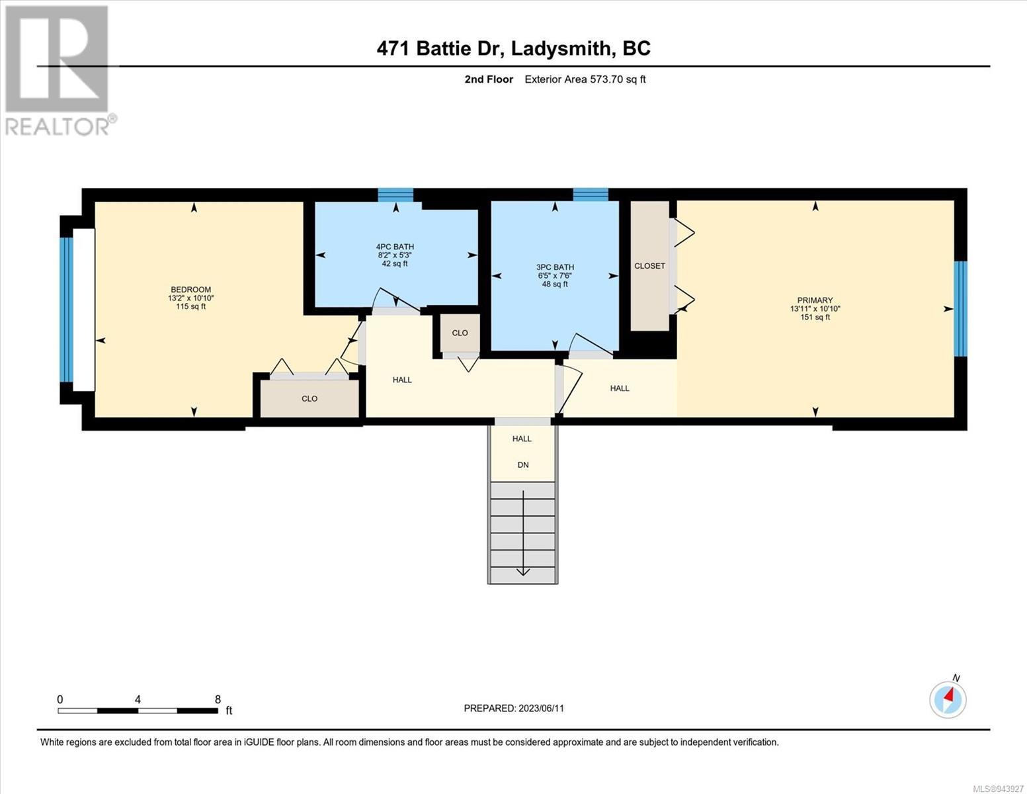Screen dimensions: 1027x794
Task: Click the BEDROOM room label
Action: pyautogui.click(x=191, y=289)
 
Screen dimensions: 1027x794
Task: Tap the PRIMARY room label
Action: pyautogui.click(x=815, y=300)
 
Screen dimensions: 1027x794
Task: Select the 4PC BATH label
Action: pyautogui.click(x=395, y=246)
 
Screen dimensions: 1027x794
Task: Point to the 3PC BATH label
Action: pyautogui.click(x=555, y=267)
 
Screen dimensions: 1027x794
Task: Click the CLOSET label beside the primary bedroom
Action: pyautogui.click(x=650, y=266)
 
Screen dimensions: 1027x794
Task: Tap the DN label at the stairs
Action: pyautogui.click(x=522, y=465)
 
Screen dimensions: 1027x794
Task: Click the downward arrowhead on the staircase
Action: pyautogui.click(x=522, y=572)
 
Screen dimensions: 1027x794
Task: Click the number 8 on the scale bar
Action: pyautogui.click(x=218, y=699)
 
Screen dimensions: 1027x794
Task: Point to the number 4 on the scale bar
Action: pyautogui.click(x=138, y=699)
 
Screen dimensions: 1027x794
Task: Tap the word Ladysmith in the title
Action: pyautogui.click(x=560, y=49)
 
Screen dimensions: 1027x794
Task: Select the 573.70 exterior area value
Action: pyautogui.click(x=606, y=79)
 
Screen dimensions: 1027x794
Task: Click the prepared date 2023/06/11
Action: pyautogui.click(x=541, y=709)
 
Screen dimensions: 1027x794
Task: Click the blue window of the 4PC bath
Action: pyautogui.click(x=395, y=195)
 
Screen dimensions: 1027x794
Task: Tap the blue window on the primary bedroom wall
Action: pyautogui.click(x=960, y=309)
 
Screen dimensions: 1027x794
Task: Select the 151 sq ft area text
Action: pyautogui.click(x=815, y=318)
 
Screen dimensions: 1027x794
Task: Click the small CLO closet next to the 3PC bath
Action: pyautogui.click(x=460, y=333)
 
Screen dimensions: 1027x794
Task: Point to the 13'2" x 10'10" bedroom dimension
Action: pyautogui.click(x=191, y=298)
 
